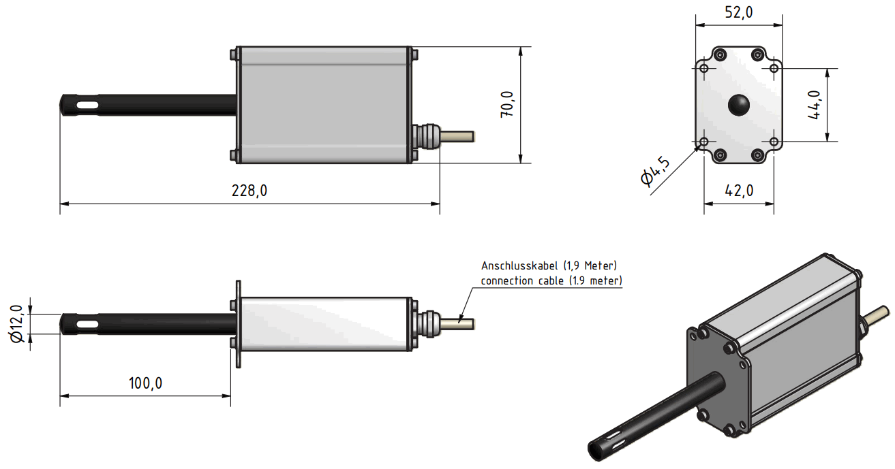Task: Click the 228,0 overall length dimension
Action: tap(249, 191)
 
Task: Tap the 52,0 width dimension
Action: tap(738, 14)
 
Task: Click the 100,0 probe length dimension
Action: tap(145, 383)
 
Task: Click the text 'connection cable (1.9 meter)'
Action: tap(551, 280)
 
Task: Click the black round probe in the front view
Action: tap(738, 104)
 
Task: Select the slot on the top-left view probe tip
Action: tap(87, 106)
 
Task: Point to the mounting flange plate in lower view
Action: tap(238, 324)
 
